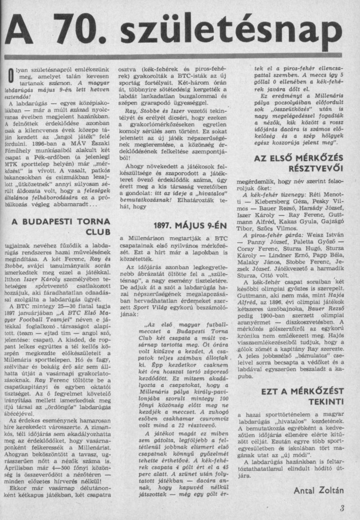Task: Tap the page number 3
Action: (x=342, y=508)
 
